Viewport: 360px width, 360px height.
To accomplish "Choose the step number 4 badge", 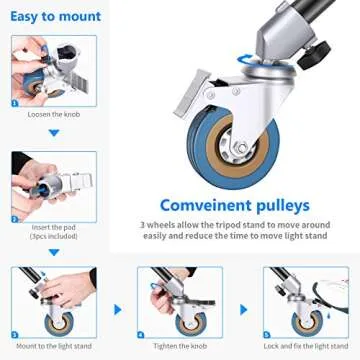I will click(x=143, y=336).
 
